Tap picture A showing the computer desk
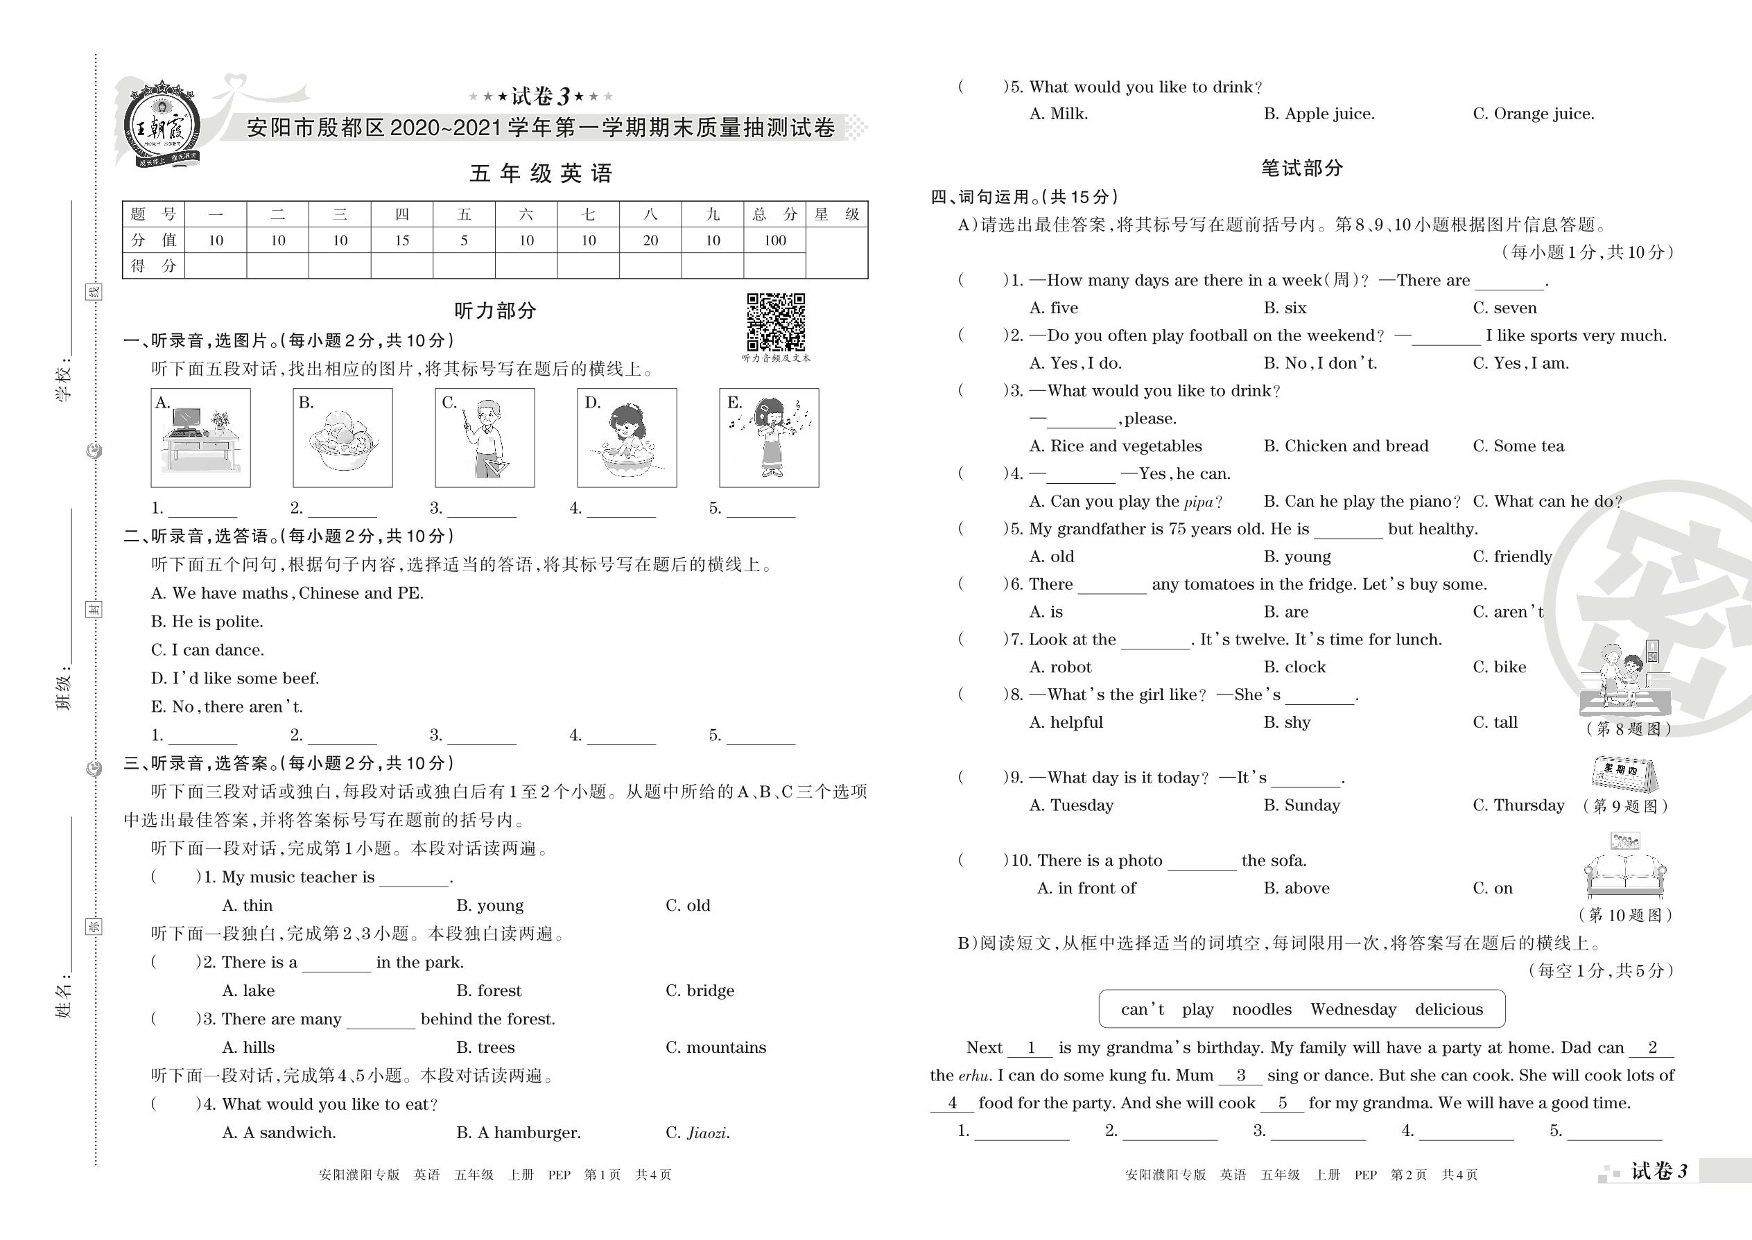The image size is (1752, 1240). (x=201, y=437)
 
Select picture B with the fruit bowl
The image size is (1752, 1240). (x=343, y=437)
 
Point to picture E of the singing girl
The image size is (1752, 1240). (x=769, y=437)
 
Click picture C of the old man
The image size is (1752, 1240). (x=485, y=437)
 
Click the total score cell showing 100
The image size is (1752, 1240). (x=774, y=241)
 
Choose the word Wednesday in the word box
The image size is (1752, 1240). (x=1353, y=1009)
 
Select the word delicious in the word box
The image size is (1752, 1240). (x=1449, y=1009)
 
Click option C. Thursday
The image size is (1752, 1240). (x=1518, y=805)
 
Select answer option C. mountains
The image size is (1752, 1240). (x=715, y=1047)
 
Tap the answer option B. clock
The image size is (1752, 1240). (x=1294, y=667)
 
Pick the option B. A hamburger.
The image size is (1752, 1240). (x=519, y=1133)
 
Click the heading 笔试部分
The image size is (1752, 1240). (x=1301, y=168)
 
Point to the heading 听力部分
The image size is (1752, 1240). (x=495, y=311)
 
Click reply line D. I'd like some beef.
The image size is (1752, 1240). (x=235, y=679)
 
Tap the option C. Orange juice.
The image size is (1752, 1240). (x=1533, y=114)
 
